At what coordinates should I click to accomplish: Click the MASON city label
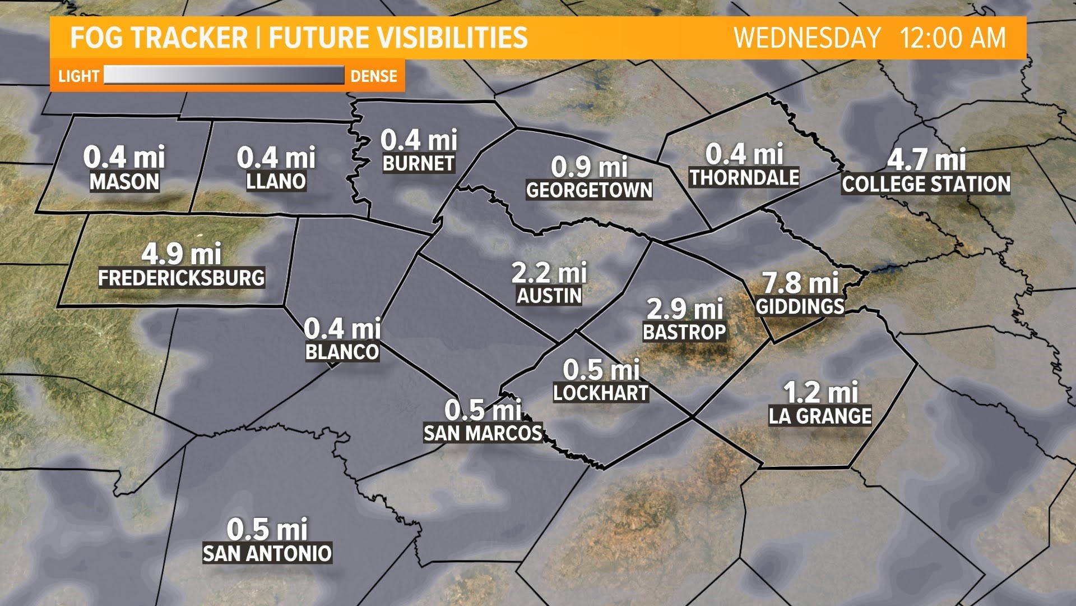click(x=124, y=182)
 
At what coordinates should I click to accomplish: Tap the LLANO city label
click(x=276, y=181)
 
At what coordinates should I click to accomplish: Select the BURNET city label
click(x=419, y=163)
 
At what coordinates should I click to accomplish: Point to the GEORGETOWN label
click(x=589, y=190)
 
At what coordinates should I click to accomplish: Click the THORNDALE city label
click(x=744, y=177)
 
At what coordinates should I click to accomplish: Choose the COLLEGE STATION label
click(x=926, y=184)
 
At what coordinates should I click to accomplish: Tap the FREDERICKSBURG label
click(x=182, y=278)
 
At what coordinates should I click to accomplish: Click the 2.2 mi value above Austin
click(x=549, y=273)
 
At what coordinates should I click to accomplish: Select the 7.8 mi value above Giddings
click(x=800, y=282)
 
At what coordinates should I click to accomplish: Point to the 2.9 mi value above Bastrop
click(x=685, y=309)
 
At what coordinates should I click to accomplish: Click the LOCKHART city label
click(x=601, y=393)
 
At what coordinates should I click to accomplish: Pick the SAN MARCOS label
click(x=483, y=433)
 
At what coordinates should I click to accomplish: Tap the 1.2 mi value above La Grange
click(x=820, y=392)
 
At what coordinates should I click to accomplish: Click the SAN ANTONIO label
click(x=267, y=554)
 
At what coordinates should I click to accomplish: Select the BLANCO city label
click(x=342, y=352)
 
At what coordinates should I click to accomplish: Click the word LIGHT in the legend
click(x=79, y=76)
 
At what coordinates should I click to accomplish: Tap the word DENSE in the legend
click(x=374, y=76)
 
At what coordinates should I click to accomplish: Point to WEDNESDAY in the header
click(x=807, y=38)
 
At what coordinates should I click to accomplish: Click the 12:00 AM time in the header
click(x=953, y=38)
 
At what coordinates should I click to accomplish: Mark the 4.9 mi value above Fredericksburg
click(x=182, y=254)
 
